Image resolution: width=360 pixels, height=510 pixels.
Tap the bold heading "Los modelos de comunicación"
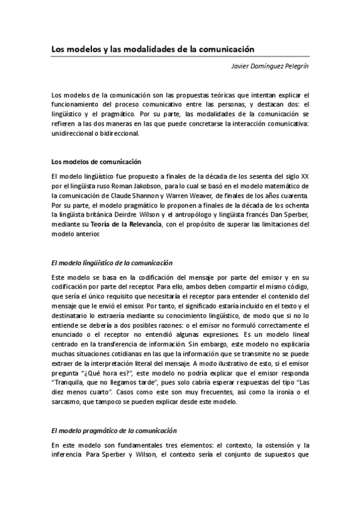click(96, 162)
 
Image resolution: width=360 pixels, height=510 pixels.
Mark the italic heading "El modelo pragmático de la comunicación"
click(114, 431)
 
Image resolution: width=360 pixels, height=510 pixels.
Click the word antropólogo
click(200, 215)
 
